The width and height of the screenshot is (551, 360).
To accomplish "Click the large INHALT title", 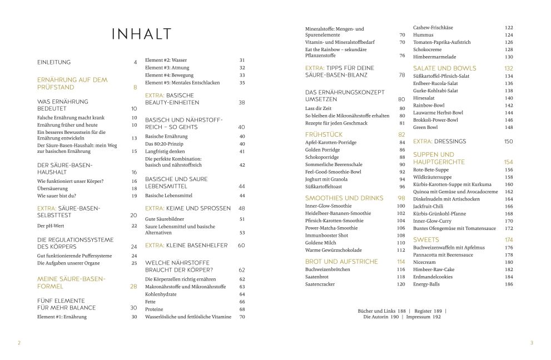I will pos(142,34).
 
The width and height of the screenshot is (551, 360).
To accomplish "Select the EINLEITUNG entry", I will pos(54,62).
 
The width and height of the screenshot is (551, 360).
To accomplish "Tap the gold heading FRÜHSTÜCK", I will pos(324,134).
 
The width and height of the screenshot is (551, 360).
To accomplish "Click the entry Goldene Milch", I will pos(321,243).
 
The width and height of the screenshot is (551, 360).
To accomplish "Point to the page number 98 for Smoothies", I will pos(401,198).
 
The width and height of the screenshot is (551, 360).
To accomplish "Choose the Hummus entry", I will pos(423,35).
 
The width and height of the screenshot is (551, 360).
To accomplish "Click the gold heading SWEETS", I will pos(426,239).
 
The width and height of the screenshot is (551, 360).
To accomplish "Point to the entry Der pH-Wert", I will pos(48,226).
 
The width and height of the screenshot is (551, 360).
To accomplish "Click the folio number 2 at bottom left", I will pos(19,343).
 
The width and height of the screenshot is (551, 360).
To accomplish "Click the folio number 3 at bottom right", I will pos(531,343).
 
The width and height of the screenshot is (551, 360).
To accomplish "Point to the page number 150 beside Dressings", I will pos(508,142).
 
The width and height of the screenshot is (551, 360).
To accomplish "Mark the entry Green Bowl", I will pos(425,127).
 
